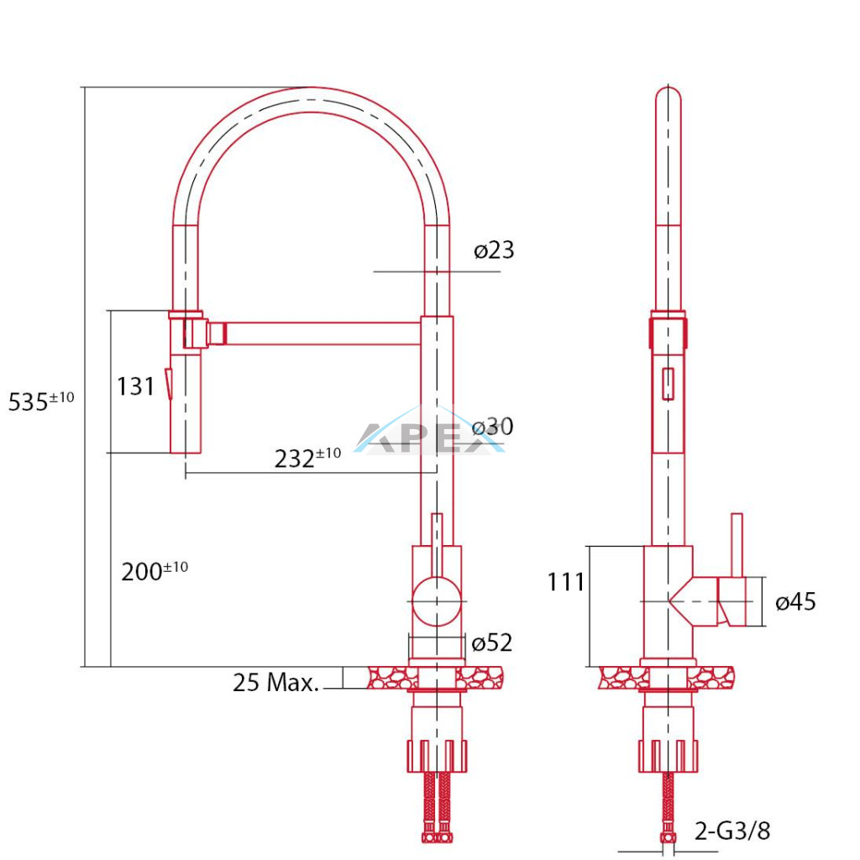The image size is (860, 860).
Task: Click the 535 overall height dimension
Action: pyautogui.click(x=41, y=401)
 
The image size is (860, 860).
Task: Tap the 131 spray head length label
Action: pyautogui.click(x=135, y=386)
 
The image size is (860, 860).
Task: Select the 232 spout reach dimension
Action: pyautogui.click(x=307, y=458)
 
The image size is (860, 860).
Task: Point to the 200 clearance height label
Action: pyautogui.click(x=155, y=571)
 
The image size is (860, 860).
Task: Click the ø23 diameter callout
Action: pyautogui.click(x=494, y=250)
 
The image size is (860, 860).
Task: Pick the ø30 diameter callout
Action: pyautogui.click(x=492, y=426)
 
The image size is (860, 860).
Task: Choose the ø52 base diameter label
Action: pyautogui.click(x=492, y=642)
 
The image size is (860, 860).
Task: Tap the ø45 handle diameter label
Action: pyautogui.click(x=796, y=601)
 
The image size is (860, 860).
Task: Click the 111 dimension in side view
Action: pyautogui.click(x=566, y=582)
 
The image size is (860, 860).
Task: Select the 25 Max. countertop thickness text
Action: pyautogui.click(x=275, y=682)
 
